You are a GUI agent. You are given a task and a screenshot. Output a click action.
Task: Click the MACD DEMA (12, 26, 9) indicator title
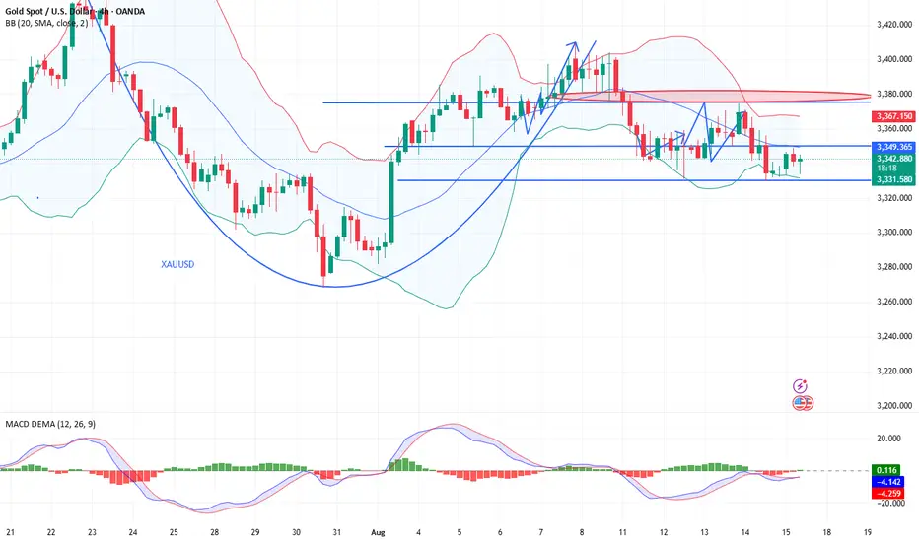tap(55, 424)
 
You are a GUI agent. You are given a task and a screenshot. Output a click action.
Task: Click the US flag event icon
tap(803, 402)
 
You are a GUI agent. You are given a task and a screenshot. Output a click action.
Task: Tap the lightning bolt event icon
tap(803, 386)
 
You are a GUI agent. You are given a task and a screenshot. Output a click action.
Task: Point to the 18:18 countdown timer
tap(883, 169)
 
